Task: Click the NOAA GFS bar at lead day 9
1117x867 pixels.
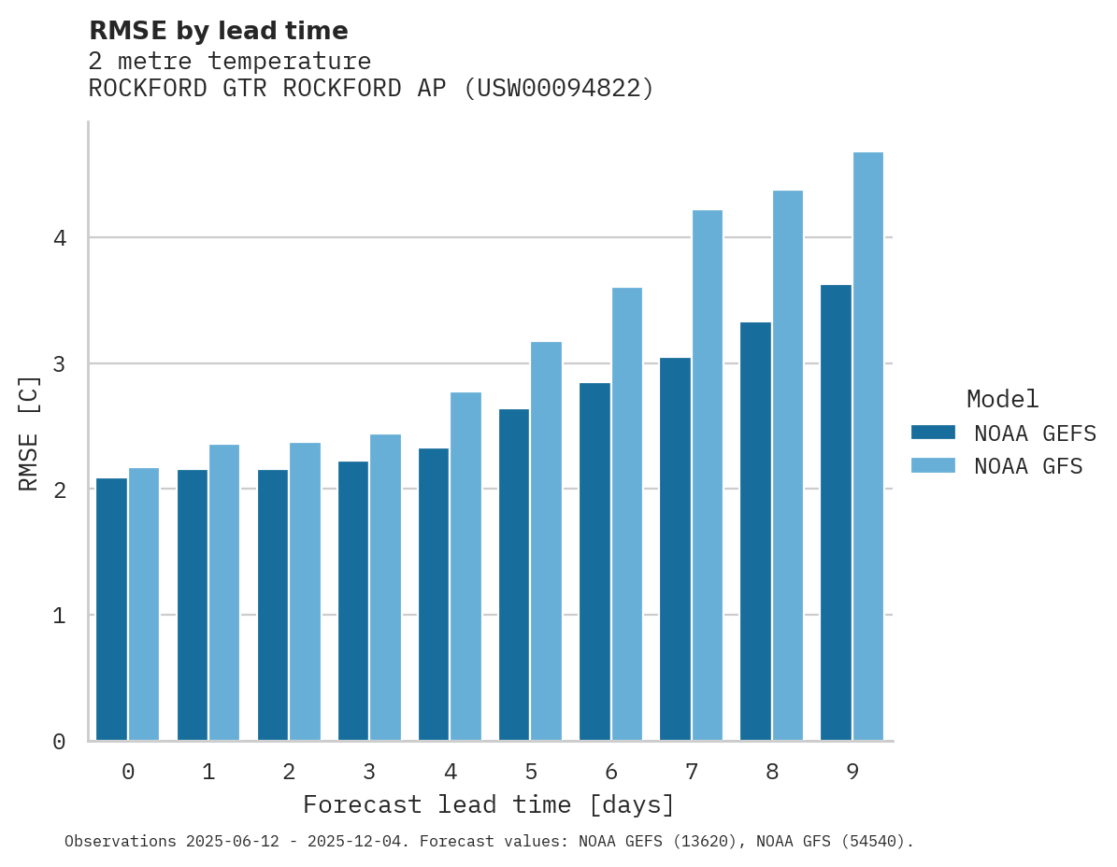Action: coord(868,447)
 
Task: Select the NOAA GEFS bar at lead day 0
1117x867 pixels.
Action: coord(112,609)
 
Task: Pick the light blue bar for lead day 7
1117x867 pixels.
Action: coord(708,476)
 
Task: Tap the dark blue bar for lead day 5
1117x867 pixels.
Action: coord(514,575)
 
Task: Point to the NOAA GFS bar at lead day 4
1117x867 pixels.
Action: coord(466,566)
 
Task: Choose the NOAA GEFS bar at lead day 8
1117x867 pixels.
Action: coord(755,531)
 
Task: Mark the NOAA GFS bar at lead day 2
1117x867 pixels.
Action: coord(306,591)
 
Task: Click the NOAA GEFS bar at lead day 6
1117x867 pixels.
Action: coord(594,561)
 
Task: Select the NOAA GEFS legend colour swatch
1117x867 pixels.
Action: coord(933,433)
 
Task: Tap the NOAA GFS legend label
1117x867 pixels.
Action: coord(1028,466)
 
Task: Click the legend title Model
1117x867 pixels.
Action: coord(1002,399)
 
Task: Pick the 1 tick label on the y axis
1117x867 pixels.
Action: coord(59,616)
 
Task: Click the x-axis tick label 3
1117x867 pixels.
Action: coord(370,772)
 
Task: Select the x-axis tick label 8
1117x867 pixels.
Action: coord(772,772)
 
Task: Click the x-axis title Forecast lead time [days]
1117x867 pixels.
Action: coord(488,804)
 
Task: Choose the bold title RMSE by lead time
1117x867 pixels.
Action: coord(218,31)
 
